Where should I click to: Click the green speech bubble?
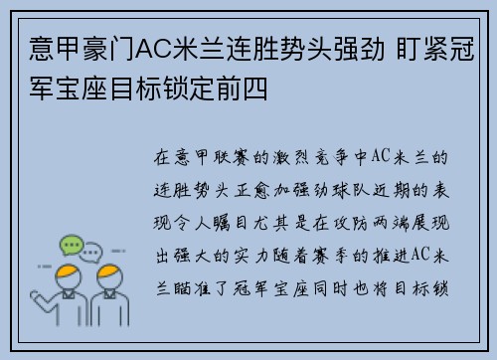click(71, 245)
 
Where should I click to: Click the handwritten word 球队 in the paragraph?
click(363, 189)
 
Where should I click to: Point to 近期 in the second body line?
click(407, 189)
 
